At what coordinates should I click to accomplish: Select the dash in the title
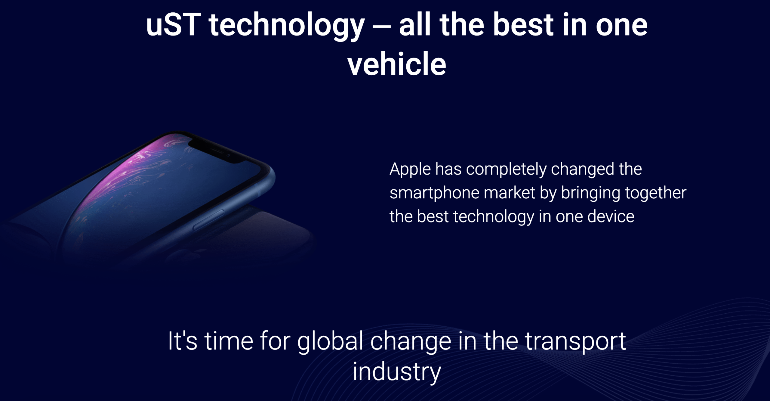(x=381, y=26)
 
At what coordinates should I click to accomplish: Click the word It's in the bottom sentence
(x=183, y=341)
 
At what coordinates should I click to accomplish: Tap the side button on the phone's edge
(x=208, y=220)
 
